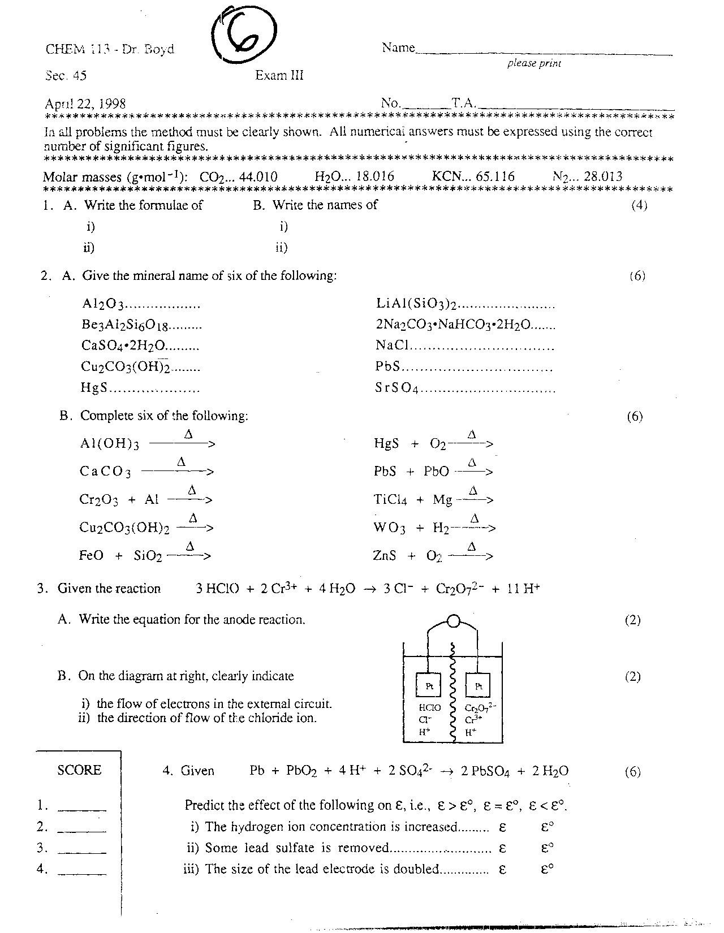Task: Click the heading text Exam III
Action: pos(279,76)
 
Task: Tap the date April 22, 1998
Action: pos(85,104)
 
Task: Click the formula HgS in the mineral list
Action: pos(94,388)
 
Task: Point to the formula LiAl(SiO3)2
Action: pos(416,304)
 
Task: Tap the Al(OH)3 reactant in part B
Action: pos(109,444)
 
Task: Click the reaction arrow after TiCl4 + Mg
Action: pos(475,500)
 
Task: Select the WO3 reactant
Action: pos(389,528)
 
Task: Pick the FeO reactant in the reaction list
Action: pos(91,556)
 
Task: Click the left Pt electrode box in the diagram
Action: pos(429,686)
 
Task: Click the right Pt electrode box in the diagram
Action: pos(478,686)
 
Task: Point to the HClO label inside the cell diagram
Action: pos(429,707)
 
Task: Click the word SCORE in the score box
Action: pos(79,770)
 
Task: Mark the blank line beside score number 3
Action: pos(82,852)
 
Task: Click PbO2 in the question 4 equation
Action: pos(301,771)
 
